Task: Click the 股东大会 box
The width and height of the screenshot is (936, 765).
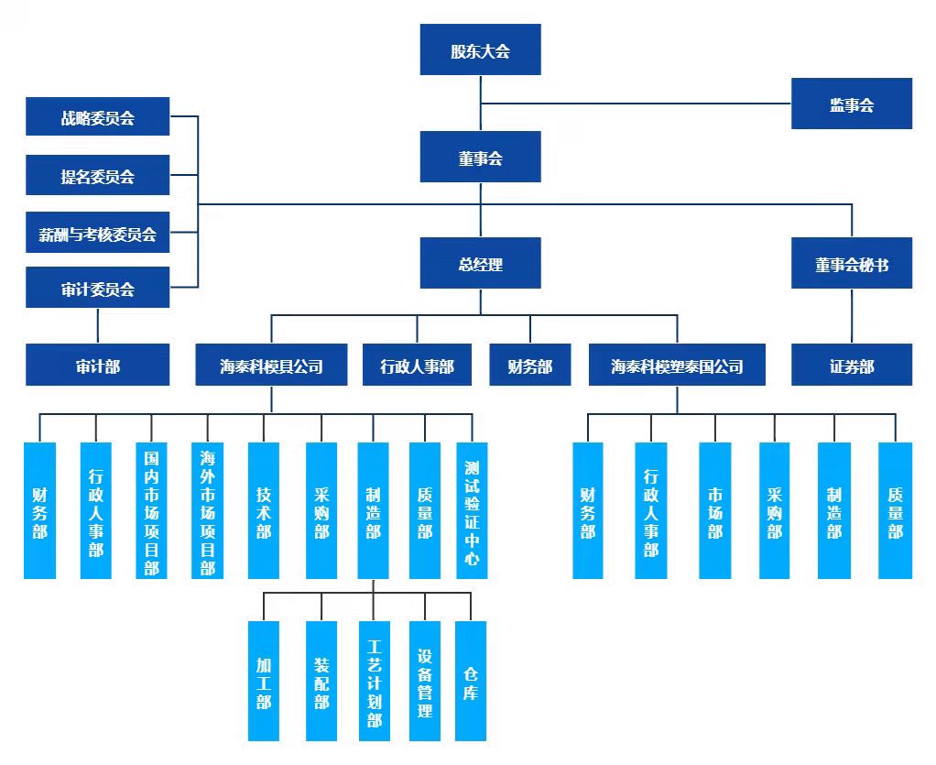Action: coord(480,50)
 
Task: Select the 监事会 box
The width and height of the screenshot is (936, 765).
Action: coord(852,104)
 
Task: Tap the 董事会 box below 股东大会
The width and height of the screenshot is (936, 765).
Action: coord(480,158)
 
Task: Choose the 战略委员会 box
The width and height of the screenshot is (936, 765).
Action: coord(98,117)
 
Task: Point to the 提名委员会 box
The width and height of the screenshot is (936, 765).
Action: coord(98,176)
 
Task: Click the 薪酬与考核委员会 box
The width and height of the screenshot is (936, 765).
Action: coord(98,234)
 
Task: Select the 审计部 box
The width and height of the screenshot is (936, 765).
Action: coord(98,366)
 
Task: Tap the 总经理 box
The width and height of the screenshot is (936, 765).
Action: coord(480,264)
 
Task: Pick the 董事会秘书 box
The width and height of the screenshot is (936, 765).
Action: coord(852,264)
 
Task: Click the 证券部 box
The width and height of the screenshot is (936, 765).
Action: coord(852,366)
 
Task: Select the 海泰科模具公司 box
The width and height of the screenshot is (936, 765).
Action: coord(271,366)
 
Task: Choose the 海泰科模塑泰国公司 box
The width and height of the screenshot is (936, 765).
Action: coord(677,366)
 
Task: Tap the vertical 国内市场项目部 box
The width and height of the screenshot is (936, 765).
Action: coord(151,510)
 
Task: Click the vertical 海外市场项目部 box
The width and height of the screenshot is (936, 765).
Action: coord(208,510)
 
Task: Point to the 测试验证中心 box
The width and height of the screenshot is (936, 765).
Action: coord(472,510)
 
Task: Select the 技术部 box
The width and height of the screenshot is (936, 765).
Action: coord(264,510)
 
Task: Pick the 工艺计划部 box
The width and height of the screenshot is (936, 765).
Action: coord(374,681)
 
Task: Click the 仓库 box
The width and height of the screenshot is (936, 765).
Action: coord(471,681)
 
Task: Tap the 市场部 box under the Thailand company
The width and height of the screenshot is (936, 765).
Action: coord(714,510)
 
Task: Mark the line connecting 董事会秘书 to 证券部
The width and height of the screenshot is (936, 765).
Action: coord(852,317)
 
